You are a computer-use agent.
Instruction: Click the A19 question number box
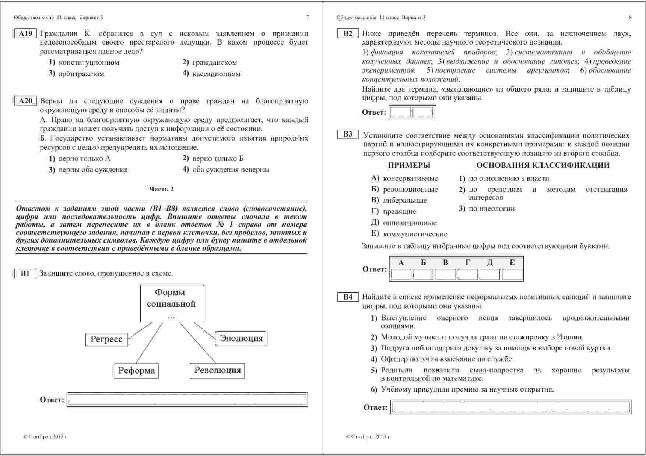point(25,34)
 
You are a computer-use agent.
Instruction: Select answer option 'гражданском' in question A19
point(214,63)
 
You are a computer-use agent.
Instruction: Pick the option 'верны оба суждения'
point(93,170)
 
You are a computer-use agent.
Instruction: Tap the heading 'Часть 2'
point(161,189)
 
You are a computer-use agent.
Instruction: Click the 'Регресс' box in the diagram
point(106,339)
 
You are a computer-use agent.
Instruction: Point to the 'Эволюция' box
point(241,339)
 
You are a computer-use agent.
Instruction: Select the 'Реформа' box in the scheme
point(136,371)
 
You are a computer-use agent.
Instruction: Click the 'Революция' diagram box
point(217,370)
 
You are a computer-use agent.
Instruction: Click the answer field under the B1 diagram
point(187,400)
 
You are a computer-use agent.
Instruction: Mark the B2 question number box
point(348,34)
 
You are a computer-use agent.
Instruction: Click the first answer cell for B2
point(400,112)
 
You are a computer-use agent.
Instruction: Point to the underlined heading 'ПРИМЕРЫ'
point(409,166)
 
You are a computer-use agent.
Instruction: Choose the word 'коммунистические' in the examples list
point(415,234)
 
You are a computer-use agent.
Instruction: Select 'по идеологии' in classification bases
point(491,209)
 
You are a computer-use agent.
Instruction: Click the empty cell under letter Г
point(467,275)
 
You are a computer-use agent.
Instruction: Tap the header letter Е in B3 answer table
point(512,263)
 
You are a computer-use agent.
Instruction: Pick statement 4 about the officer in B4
point(447,359)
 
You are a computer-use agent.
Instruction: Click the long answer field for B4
point(511,407)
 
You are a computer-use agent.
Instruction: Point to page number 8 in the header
point(630,17)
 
